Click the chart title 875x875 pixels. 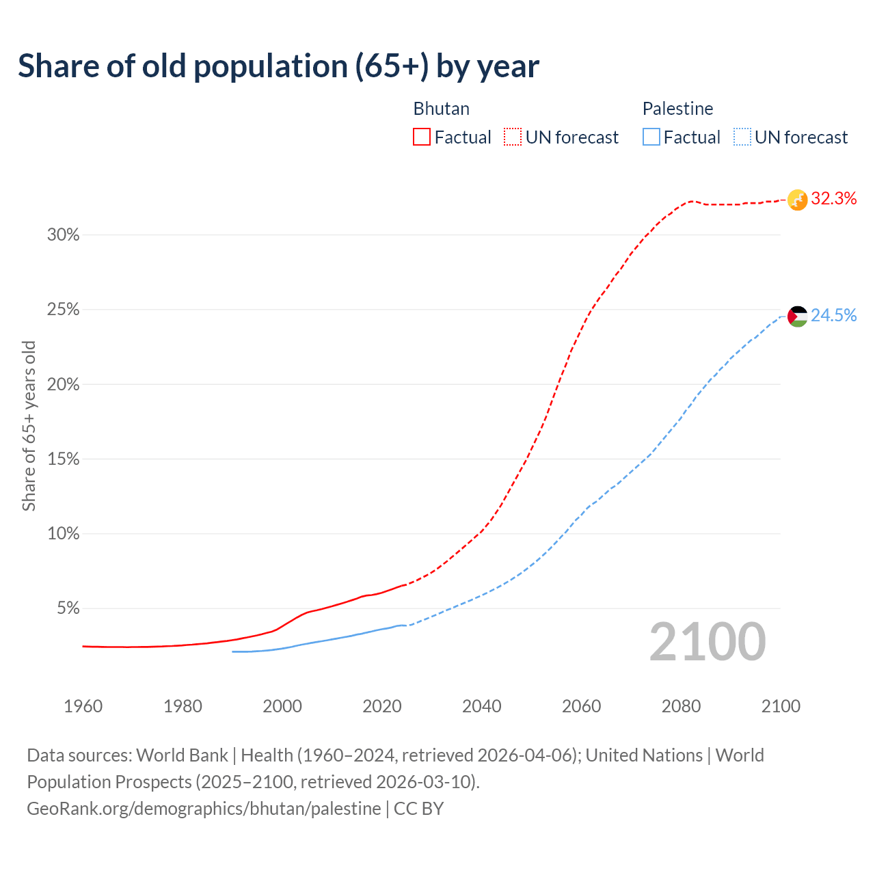(278, 66)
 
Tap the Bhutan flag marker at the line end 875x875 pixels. (797, 200)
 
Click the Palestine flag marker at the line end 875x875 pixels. (797, 316)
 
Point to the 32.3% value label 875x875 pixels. (833, 199)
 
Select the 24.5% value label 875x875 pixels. (833, 315)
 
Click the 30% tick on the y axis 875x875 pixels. (63, 235)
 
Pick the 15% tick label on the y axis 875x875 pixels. (63, 459)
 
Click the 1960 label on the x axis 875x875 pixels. (83, 706)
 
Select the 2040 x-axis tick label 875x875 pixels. (481, 706)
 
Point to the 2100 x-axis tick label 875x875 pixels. (780, 706)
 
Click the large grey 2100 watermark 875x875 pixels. (707, 642)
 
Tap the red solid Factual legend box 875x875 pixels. (422, 137)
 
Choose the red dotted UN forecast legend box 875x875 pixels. (513, 137)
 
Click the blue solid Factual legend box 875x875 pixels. (651, 137)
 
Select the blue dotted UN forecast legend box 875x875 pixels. (742, 137)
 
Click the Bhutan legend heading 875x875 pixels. (441, 109)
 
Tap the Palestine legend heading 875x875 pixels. (677, 109)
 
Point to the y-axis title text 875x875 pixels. (29, 426)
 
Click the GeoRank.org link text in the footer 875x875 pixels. (204, 809)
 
